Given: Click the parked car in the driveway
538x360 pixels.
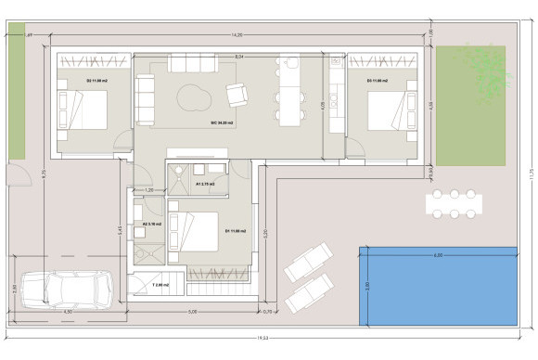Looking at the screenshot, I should [67, 288].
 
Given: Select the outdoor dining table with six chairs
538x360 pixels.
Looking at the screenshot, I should [455, 204].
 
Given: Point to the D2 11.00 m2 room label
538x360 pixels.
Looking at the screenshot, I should [95, 82].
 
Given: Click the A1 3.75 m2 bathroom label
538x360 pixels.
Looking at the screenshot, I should [205, 184].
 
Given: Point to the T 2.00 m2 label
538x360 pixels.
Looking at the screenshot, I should [160, 285].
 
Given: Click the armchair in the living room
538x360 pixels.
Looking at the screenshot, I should [237, 94].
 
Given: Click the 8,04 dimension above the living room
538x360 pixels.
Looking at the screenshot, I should [238, 58].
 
